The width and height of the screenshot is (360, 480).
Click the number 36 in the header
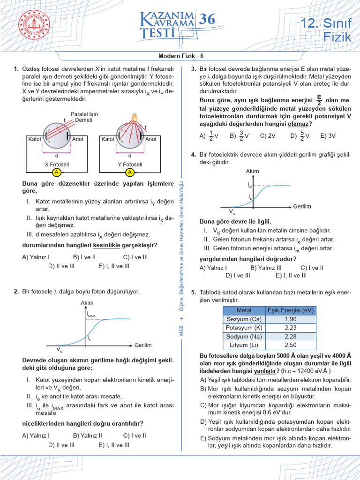click(x=207, y=19)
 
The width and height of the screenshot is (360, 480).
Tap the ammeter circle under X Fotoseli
click(x=56, y=172)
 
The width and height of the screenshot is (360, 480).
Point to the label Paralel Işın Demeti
click(x=84, y=117)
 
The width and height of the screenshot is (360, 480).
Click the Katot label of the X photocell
click(x=35, y=139)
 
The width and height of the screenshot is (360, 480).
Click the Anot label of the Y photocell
click(x=151, y=139)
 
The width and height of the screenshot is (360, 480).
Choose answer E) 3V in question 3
click(x=328, y=136)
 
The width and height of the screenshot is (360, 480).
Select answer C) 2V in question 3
click(x=267, y=136)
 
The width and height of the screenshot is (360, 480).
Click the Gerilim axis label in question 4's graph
click(x=302, y=206)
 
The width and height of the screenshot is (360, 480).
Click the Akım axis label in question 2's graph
click(x=87, y=303)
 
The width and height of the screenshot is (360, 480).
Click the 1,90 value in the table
click(x=290, y=319)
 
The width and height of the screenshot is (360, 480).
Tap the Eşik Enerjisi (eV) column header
click(x=290, y=310)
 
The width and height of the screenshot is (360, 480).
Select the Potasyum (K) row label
click(x=244, y=328)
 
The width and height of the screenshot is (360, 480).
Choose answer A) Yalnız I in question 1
click(x=36, y=257)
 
